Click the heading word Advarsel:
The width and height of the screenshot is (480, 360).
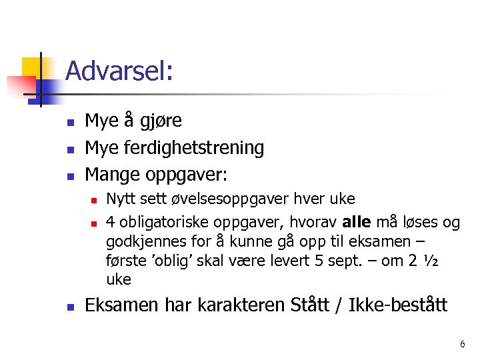tap(120, 71)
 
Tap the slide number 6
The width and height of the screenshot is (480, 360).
tap(462, 344)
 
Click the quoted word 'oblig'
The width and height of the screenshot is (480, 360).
tap(167, 259)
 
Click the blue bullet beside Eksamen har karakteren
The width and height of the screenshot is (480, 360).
tap(70, 307)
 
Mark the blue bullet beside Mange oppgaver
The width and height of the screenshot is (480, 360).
tap(70, 176)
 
